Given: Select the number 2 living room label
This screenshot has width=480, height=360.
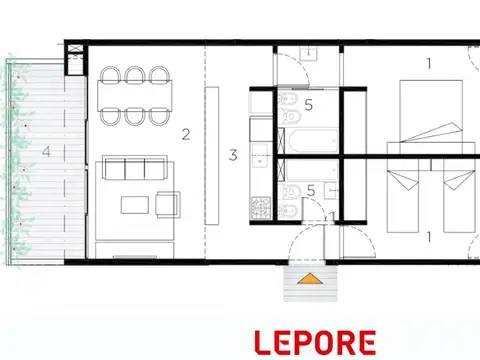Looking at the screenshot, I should [x=185, y=131].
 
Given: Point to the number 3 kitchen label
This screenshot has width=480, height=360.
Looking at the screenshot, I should [x=232, y=155].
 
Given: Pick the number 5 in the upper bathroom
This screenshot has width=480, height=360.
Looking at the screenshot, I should [x=309, y=103].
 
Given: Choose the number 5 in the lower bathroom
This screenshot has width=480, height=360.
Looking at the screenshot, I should [x=311, y=189].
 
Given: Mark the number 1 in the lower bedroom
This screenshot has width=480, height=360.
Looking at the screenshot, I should [x=429, y=237].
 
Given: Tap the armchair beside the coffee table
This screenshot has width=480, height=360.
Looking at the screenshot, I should [x=166, y=204].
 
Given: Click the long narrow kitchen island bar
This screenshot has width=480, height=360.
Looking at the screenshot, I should [x=211, y=155].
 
